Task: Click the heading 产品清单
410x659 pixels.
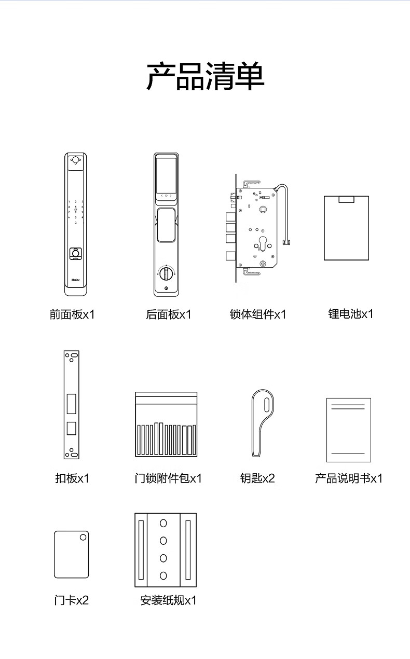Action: tap(206, 77)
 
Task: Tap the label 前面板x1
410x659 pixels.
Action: tap(72, 314)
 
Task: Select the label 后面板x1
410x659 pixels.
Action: tap(169, 314)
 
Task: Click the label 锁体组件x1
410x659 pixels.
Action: tap(258, 314)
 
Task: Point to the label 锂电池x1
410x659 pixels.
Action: tap(351, 314)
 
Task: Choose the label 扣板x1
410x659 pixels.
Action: tap(72, 478)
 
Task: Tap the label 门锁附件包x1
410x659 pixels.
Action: tap(168, 478)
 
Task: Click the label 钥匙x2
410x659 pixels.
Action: tap(257, 478)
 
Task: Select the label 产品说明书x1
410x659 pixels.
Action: tap(349, 478)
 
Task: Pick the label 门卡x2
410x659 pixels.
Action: tap(72, 600)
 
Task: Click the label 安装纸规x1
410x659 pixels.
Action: tap(169, 600)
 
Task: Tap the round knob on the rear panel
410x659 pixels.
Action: tap(166, 273)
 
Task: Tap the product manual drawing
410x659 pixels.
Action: tap(349, 430)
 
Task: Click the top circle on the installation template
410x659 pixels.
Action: tap(163, 524)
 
